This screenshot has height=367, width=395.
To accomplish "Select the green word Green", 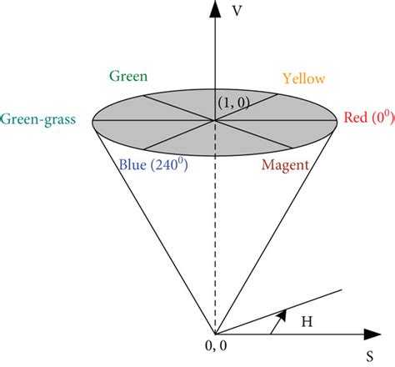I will click(x=127, y=77).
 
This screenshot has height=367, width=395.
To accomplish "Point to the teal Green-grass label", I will click(x=38, y=120).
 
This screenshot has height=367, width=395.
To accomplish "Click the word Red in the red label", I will click(x=355, y=118).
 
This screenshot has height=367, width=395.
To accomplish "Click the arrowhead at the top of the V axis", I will click(x=216, y=8).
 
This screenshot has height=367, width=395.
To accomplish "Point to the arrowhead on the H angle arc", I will click(x=281, y=316).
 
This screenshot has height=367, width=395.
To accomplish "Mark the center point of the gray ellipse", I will click(x=216, y=121).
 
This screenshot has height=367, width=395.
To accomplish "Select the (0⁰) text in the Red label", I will click(x=380, y=118).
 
